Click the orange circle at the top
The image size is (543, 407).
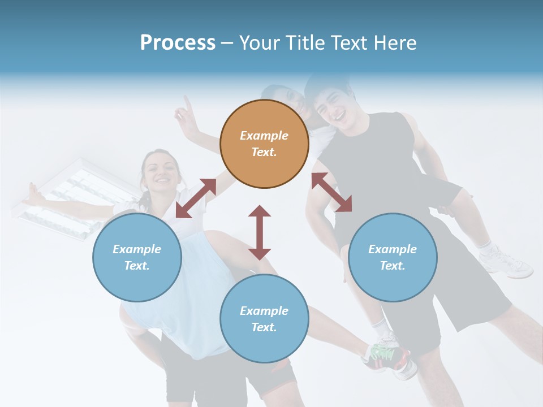(264, 144)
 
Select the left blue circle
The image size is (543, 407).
(137, 257)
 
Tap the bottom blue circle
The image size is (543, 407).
(264, 318)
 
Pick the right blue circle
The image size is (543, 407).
(392, 257)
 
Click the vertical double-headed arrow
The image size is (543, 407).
(260, 232)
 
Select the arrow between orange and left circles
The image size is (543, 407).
(196, 198)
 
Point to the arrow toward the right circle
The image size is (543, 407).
(331, 192)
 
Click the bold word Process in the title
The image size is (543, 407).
(178, 42)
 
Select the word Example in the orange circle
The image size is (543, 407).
(264, 136)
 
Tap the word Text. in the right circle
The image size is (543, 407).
(392, 266)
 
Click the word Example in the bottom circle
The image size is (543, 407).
(264, 310)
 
